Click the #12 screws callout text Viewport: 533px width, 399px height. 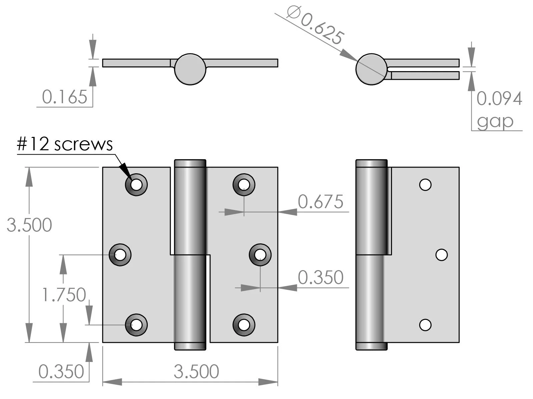[65, 144]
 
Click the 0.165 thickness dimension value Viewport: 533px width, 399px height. [64, 97]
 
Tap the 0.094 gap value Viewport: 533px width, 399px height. [499, 99]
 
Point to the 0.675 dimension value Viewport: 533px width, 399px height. [320, 202]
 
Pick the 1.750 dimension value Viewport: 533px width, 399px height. [64, 295]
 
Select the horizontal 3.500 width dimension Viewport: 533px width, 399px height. [196, 372]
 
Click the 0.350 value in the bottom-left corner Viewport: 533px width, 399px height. [61, 372]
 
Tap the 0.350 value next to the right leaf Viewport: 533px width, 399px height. [320, 277]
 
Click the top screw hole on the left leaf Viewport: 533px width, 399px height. [136, 184]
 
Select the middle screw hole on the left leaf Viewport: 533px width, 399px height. [120, 255]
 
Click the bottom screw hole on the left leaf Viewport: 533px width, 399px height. [136, 325]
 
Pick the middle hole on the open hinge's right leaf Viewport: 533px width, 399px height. [260, 255]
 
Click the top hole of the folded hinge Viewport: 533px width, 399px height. [425, 184]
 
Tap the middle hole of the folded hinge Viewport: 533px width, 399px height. [441, 255]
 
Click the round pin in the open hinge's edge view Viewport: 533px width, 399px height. [190, 69]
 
